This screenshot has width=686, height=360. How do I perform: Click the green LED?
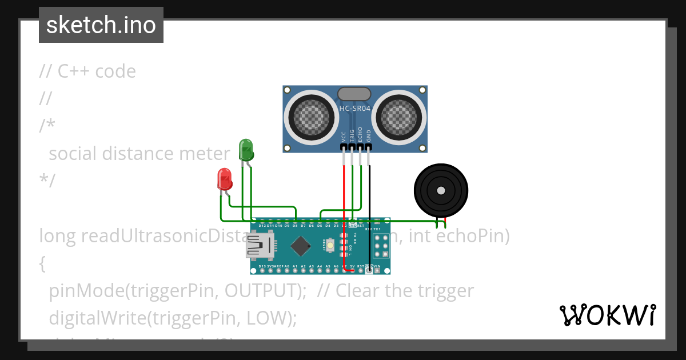coord(246,150)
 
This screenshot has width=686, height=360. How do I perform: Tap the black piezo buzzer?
coord(441,191)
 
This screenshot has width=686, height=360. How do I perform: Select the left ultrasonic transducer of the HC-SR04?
coord(312,116)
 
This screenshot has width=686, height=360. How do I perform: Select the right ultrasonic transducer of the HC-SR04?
coord(398,116)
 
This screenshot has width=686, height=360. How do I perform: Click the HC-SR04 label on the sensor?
coord(355,108)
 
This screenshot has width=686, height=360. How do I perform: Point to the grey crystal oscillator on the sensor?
coord(354,94)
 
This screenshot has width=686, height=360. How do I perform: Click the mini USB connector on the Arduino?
coord(258,246)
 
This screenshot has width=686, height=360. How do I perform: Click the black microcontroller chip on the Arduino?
coord(300,246)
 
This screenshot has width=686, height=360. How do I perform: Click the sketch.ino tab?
coord(101,25)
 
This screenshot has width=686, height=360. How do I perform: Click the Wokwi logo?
coord(607,315)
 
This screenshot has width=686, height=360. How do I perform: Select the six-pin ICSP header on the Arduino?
coord(381,246)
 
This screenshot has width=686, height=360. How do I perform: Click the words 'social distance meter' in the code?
coord(139,153)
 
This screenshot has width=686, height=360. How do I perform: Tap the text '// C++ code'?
coord(87,71)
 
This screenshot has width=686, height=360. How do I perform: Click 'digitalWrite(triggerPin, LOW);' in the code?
coord(173,318)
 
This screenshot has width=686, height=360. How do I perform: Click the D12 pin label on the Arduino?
coord(262,226)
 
